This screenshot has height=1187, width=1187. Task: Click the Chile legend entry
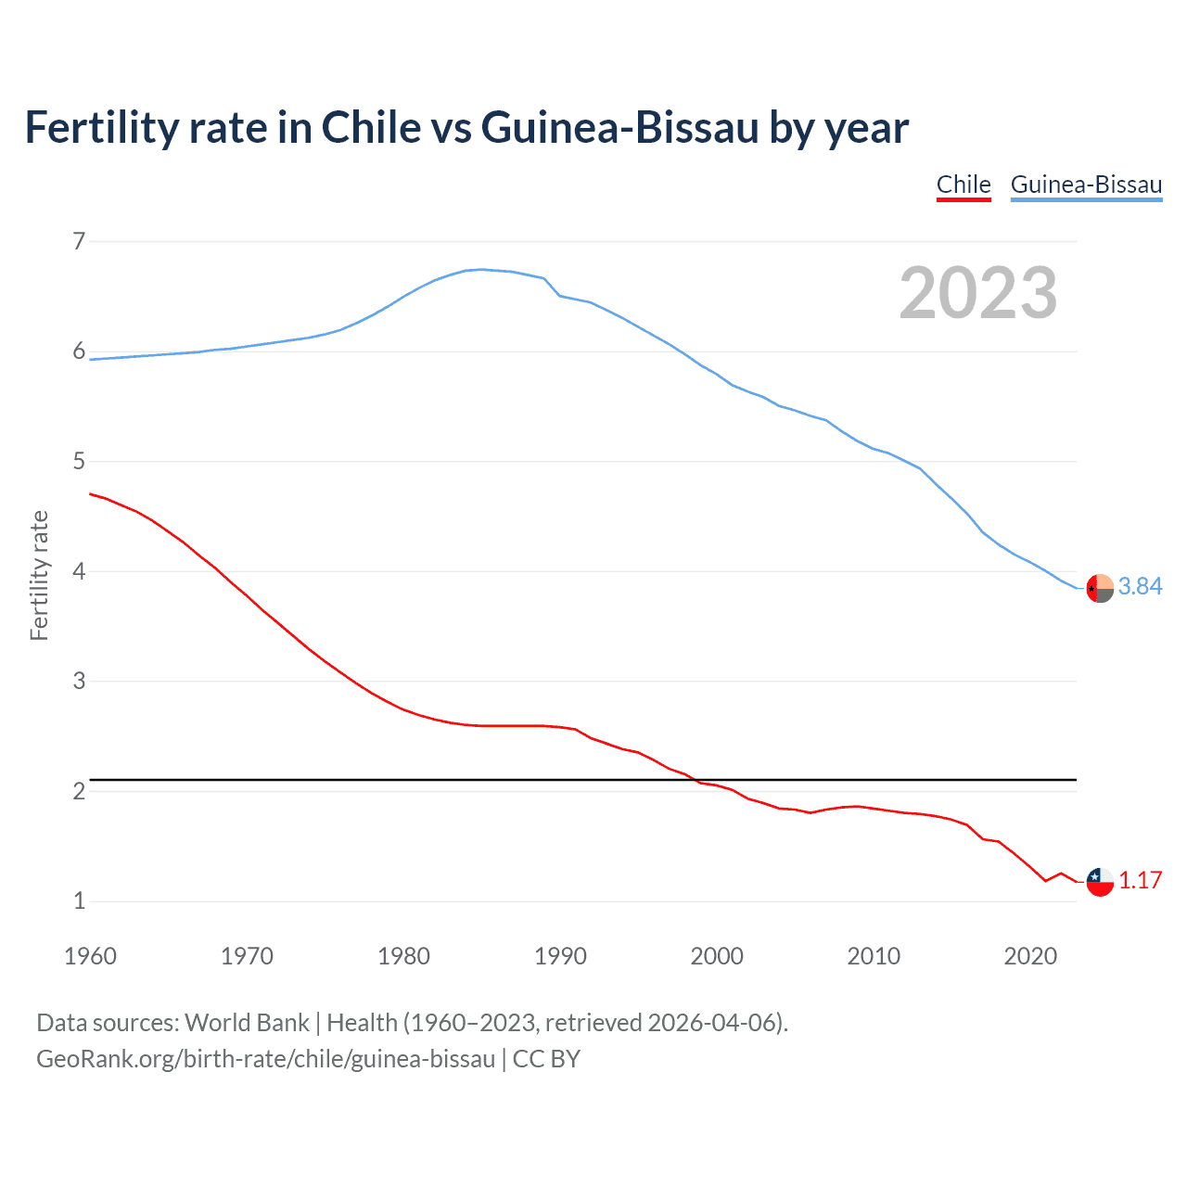[964, 185]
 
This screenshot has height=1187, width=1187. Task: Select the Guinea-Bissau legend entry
[1086, 185]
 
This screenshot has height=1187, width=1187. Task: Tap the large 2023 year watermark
[977, 293]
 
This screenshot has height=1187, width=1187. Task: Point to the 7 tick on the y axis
[79, 242]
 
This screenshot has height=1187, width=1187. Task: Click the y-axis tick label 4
[79, 571]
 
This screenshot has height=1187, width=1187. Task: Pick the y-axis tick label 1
[79, 900]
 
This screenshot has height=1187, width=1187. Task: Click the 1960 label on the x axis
[90, 956]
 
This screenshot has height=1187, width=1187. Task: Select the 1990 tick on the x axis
[560, 956]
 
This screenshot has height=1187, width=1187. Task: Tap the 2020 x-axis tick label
[1030, 956]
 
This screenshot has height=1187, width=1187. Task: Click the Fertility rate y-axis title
[39, 575]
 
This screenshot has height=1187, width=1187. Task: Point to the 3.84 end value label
[1140, 586]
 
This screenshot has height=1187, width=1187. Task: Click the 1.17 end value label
[1140, 880]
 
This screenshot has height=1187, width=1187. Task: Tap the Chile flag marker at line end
[1100, 882]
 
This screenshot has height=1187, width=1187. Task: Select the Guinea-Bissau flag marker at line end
[1100, 589]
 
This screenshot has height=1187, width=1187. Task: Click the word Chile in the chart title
[371, 127]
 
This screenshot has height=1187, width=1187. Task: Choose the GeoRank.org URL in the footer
[265, 1059]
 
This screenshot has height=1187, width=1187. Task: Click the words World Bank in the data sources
[247, 1022]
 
